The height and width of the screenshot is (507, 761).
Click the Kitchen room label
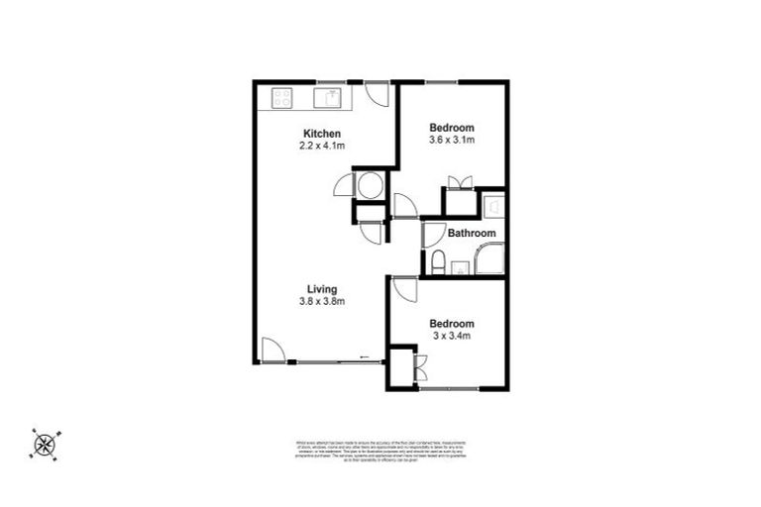[x=322, y=134]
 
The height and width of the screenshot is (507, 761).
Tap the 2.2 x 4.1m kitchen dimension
[x=322, y=146]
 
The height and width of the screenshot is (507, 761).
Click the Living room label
[x=321, y=289]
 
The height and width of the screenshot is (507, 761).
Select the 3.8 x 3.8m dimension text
[x=321, y=301]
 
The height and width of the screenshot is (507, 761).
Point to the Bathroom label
[x=471, y=234]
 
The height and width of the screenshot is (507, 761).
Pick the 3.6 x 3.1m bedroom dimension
[x=452, y=140]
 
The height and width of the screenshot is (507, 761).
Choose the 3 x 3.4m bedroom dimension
[x=451, y=336]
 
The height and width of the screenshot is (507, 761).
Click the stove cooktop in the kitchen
[x=282, y=97]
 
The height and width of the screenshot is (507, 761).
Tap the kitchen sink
[x=328, y=97]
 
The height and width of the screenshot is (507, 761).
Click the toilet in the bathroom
[x=437, y=261]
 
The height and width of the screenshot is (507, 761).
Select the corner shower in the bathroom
[x=489, y=259]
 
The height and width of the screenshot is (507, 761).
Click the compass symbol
[x=44, y=443]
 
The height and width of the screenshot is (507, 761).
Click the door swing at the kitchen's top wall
[x=378, y=93]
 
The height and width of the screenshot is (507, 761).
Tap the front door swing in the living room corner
[x=273, y=351]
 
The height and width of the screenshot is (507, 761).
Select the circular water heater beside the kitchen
[x=369, y=185]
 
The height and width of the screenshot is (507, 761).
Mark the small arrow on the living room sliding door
[x=365, y=357]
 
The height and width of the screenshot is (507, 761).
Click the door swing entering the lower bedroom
[x=404, y=290]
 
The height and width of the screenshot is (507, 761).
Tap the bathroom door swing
[x=432, y=234]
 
